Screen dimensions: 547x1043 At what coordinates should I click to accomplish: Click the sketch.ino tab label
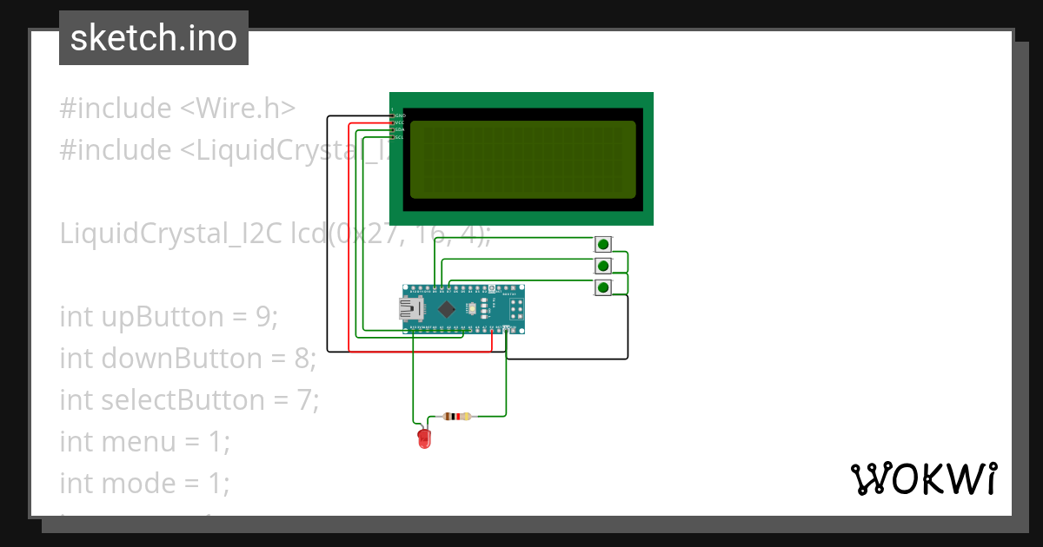point(153,38)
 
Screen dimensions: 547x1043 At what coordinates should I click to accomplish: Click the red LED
point(424,438)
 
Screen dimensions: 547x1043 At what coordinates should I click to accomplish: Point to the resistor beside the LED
point(457,416)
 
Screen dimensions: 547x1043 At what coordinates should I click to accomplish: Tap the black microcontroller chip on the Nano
point(447,309)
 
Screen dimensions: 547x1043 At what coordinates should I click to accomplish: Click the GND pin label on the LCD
point(400,115)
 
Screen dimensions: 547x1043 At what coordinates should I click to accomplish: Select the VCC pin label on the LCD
point(400,122)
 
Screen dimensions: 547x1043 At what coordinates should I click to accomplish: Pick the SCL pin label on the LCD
point(400,137)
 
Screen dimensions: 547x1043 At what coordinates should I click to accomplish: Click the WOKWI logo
point(923,478)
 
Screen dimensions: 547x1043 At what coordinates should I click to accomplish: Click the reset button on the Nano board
point(492,288)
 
